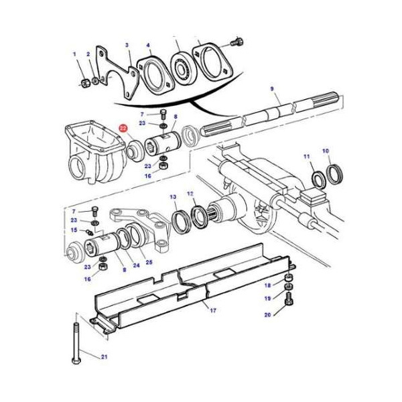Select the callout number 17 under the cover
pyautogui.click(x=213, y=310)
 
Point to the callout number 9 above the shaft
pyautogui.click(x=271, y=89)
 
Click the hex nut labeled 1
pyautogui.click(x=86, y=82)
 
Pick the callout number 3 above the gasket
pyautogui.click(x=127, y=45)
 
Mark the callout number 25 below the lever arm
pyautogui.click(x=149, y=262)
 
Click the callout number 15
pyautogui.click(x=74, y=230)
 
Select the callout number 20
pyautogui.click(x=268, y=314)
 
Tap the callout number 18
pyautogui.click(x=268, y=285)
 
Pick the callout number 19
pyautogui.click(x=268, y=299)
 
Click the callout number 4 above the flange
pyautogui.click(x=149, y=46)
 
